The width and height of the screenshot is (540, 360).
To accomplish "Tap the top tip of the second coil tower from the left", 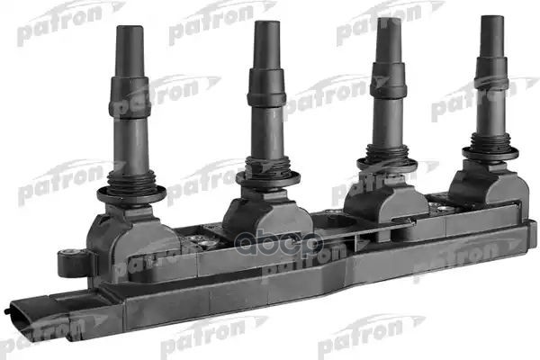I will point(265,24).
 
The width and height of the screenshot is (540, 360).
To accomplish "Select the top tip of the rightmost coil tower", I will point(491,19).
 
